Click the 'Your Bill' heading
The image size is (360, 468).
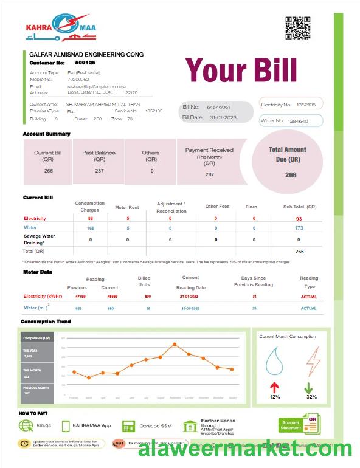[241, 70]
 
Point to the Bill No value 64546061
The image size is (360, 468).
[218, 107]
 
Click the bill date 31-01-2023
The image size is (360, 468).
[222, 117]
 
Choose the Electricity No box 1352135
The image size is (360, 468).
[291, 105]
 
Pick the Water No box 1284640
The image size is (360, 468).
[291, 121]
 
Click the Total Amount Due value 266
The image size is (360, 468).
[291, 175]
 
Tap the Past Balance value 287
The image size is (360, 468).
[99, 171]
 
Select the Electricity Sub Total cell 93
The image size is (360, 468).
[299, 218]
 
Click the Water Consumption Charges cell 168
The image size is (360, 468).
[91, 228]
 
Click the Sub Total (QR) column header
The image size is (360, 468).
[300, 207]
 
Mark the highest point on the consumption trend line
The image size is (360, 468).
[175, 344]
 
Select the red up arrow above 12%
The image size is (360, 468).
[275, 387]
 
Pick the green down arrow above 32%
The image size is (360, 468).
[309, 387]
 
